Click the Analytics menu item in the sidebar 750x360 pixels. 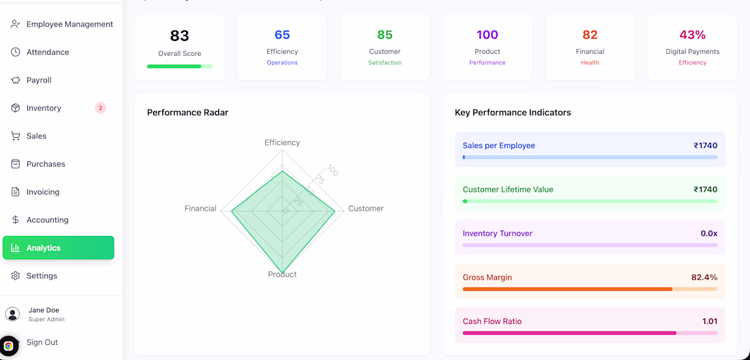pos(58,247)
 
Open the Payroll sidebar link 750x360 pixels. pos(39,80)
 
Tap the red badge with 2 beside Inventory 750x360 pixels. pos(100,108)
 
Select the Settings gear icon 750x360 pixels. pos(16,275)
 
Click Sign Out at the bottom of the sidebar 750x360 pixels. pos(42,342)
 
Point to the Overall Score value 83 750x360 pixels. pos(179,35)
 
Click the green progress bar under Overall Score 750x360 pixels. pos(179,66)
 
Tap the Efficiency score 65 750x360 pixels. pos(282,35)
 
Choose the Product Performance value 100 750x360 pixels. pos(487,35)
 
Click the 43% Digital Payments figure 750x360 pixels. pos(692,35)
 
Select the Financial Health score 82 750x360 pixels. pos(590,35)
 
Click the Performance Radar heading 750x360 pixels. pos(187,112)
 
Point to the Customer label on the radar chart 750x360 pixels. pos(365,209)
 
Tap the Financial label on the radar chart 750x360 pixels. pos(200,209)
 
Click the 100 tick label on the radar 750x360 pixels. pos(332,170)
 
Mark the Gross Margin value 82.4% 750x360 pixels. pos(704,277)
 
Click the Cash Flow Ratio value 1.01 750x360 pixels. pos(709,321)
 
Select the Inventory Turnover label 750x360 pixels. pos(497,233)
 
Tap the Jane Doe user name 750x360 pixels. pos(44,310)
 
